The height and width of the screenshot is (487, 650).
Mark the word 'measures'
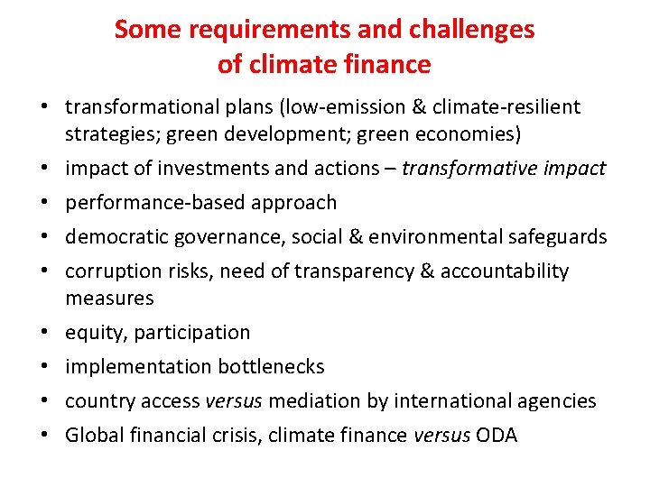tap(109, 298)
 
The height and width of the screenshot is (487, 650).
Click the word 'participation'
tap(192, 333)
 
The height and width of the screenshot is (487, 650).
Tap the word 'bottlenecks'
tap(272, 367)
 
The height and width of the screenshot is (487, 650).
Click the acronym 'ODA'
tap(497, 436)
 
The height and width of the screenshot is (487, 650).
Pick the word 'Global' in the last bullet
tap(93, 436)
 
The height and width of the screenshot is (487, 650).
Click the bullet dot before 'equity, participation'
tap(43, 333)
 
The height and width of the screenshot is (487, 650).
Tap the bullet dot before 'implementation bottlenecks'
tap(43, 367)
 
